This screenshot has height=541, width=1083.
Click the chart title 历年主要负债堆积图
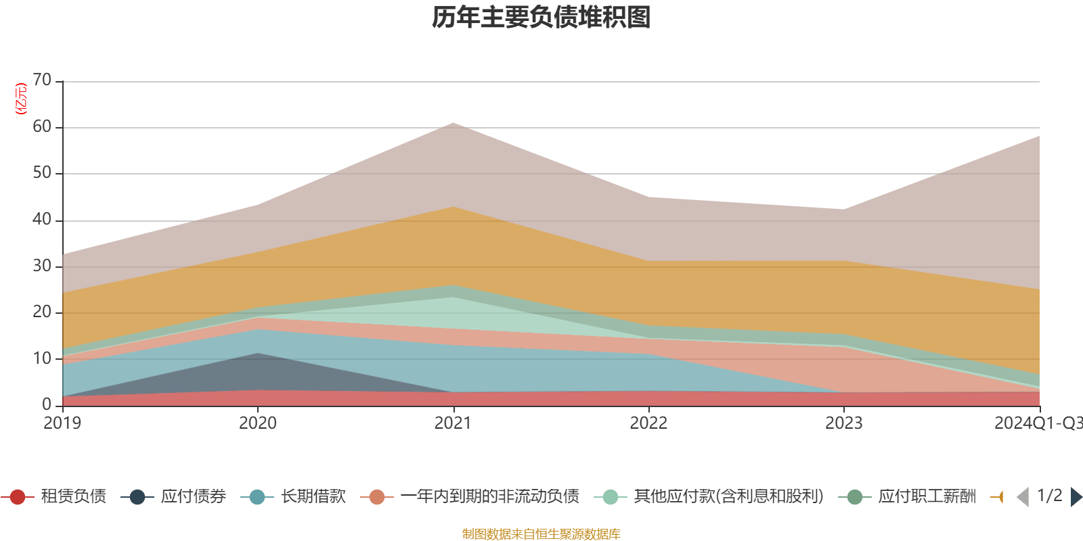tap(541, 18)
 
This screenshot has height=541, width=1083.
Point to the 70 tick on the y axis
tap(42, 80)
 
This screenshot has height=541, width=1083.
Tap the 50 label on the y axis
tap(42, 173)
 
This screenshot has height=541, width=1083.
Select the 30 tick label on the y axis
tap(42, 266)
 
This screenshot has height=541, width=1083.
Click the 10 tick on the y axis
tap(42, 358)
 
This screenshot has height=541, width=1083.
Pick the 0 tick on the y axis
tap(47, 404)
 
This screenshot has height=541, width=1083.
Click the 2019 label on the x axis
tap(62, 423)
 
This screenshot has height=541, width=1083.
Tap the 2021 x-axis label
tap(453, 423)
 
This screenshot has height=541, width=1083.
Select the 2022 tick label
tap(648, 423)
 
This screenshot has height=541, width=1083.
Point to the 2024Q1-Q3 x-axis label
tap(1038, 423)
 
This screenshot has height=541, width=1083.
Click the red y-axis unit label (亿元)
tap(21, 99)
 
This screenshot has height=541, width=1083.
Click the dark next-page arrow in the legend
tap(1076, 497)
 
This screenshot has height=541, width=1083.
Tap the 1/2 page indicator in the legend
tap(1049, 496)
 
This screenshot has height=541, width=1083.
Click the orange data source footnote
tap(541, 534)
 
